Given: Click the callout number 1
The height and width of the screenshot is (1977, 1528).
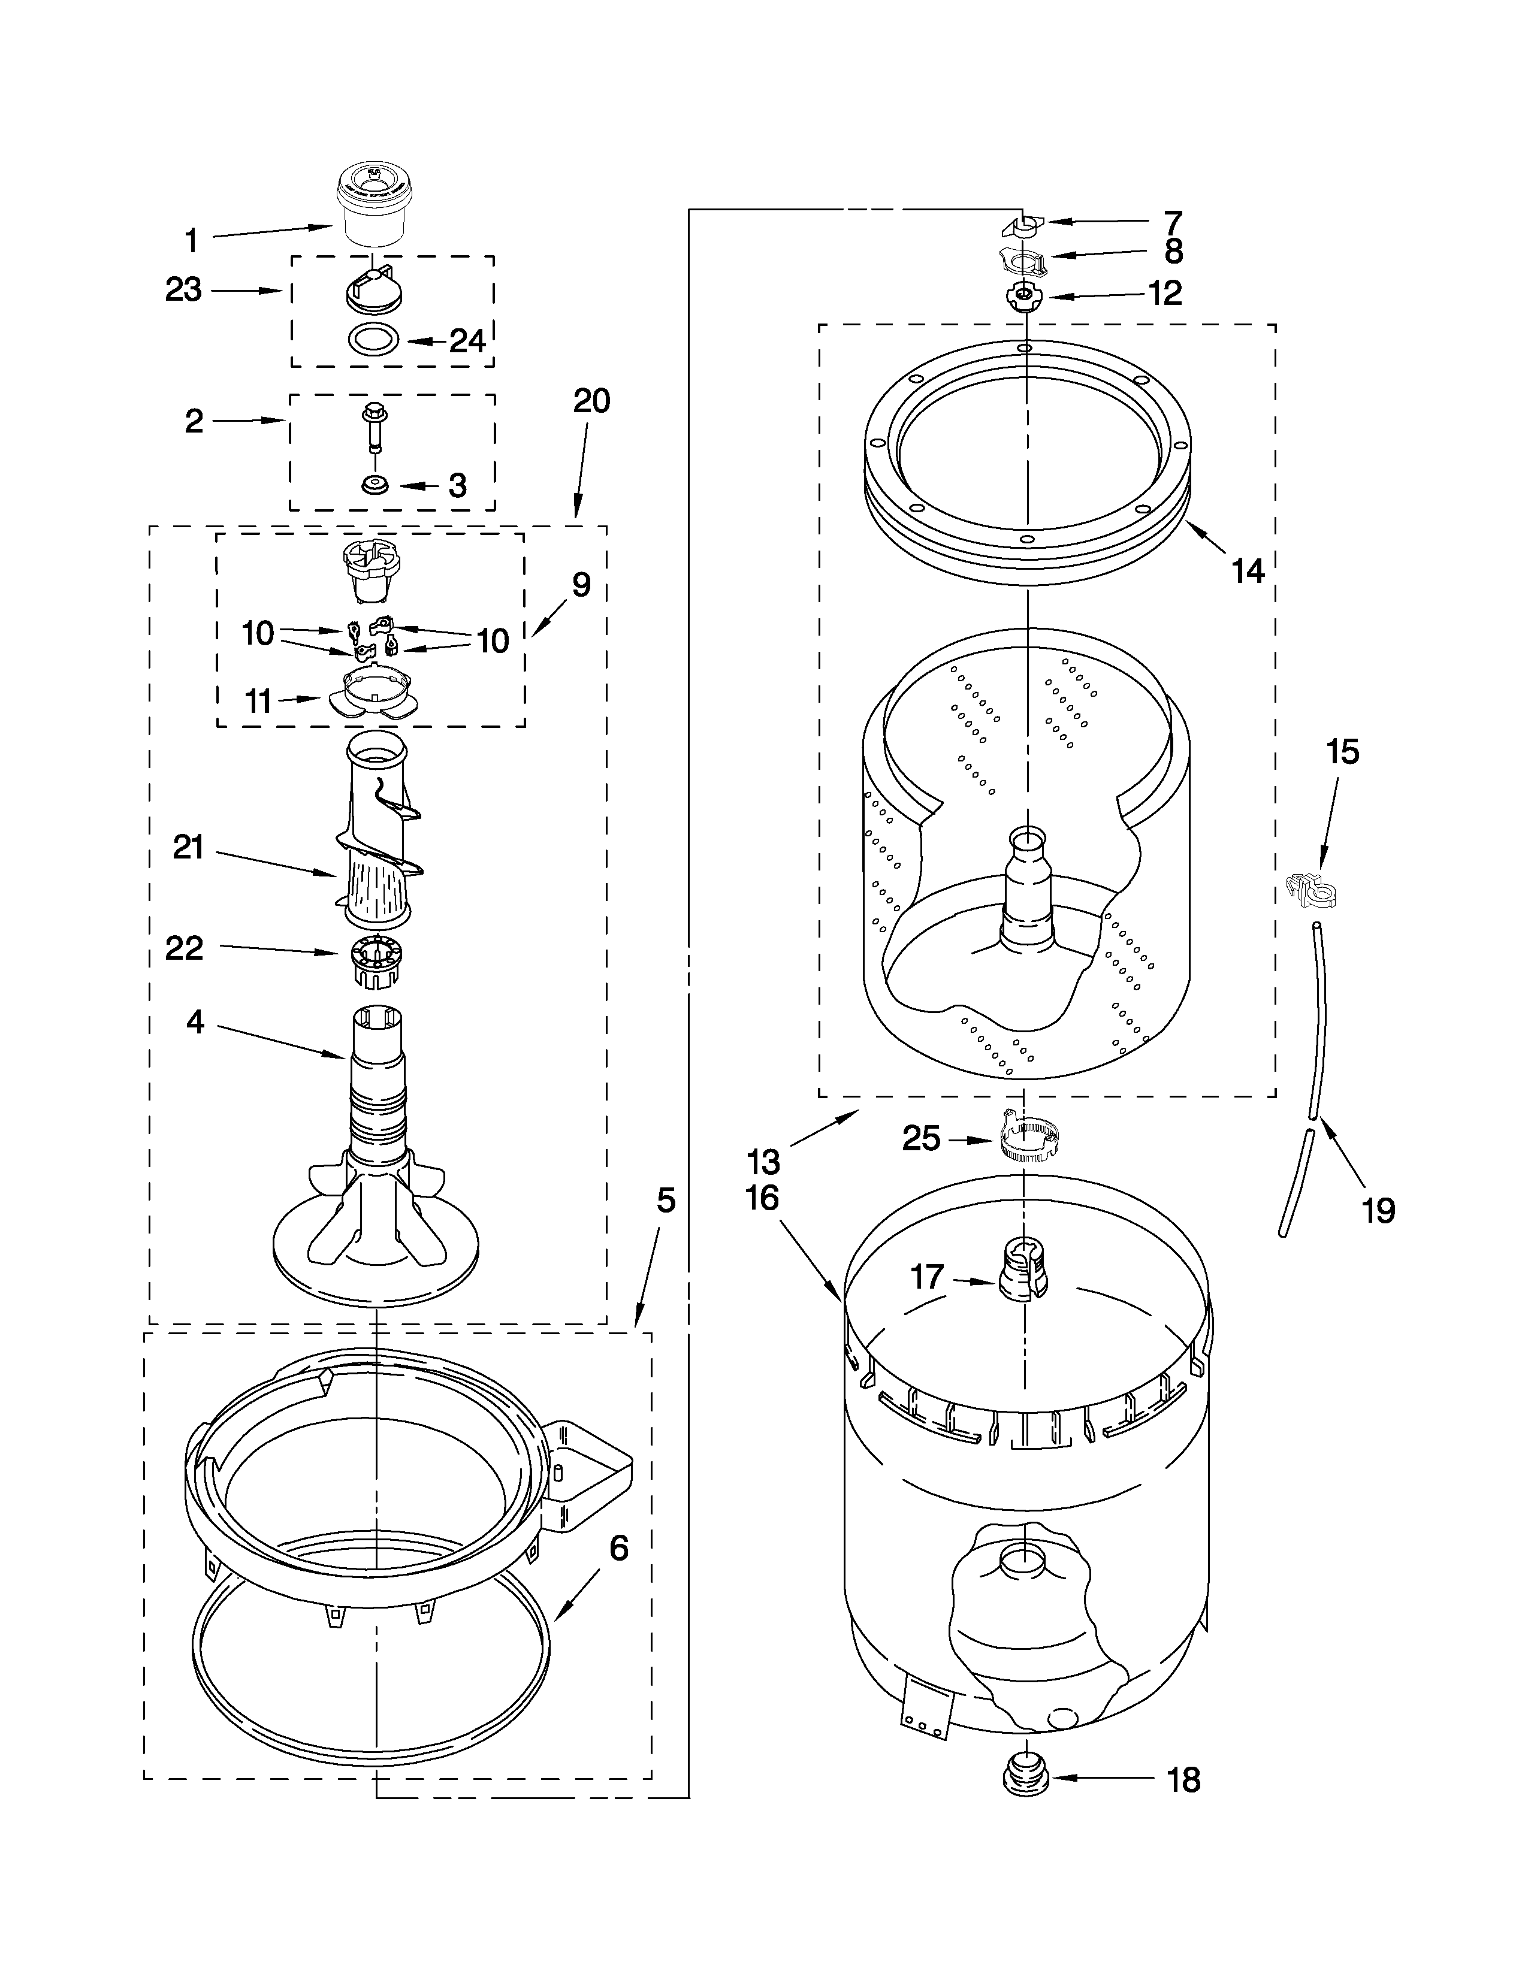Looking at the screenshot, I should (x=191, y=241).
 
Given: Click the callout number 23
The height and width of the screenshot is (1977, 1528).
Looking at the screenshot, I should (x=184, y=290).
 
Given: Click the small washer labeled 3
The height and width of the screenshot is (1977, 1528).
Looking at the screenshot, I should (x=373, y=486).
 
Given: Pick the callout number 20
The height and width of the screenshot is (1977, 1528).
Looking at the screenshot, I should (x=591, y=401).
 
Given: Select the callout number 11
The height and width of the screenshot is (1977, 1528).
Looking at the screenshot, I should (x=259, y=701).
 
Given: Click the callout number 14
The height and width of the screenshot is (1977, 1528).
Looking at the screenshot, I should (x=1248, y=570).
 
